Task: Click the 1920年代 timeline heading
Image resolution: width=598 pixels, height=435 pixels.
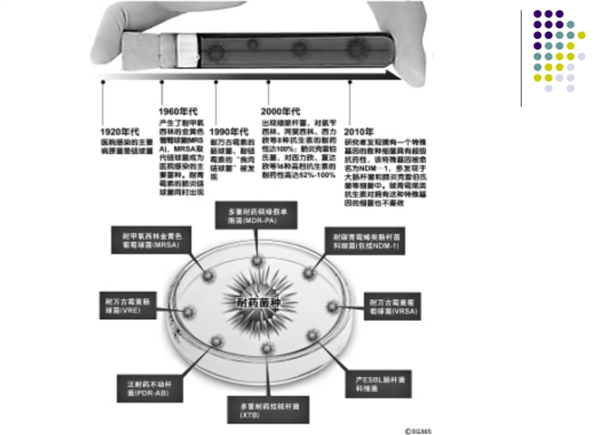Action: (120, 132)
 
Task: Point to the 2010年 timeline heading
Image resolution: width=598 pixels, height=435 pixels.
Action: (361, 132)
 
